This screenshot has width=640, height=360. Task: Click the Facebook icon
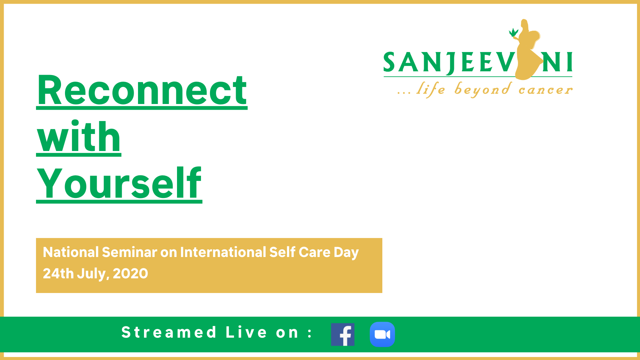point(343,334)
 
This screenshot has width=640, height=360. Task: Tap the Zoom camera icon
point(382,334)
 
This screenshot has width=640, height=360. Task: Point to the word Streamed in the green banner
point(169,332)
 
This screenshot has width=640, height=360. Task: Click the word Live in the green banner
point(246,332)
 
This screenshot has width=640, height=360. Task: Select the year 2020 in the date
point(130,274)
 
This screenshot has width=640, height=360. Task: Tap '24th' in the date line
point(58,274)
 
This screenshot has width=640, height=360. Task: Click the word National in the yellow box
point(71,252)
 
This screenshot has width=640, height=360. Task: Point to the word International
point(223,252)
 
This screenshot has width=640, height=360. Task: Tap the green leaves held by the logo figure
point(513,33)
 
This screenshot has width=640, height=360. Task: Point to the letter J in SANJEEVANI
point(451,63)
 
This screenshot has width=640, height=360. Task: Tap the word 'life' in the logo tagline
point(431,89)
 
